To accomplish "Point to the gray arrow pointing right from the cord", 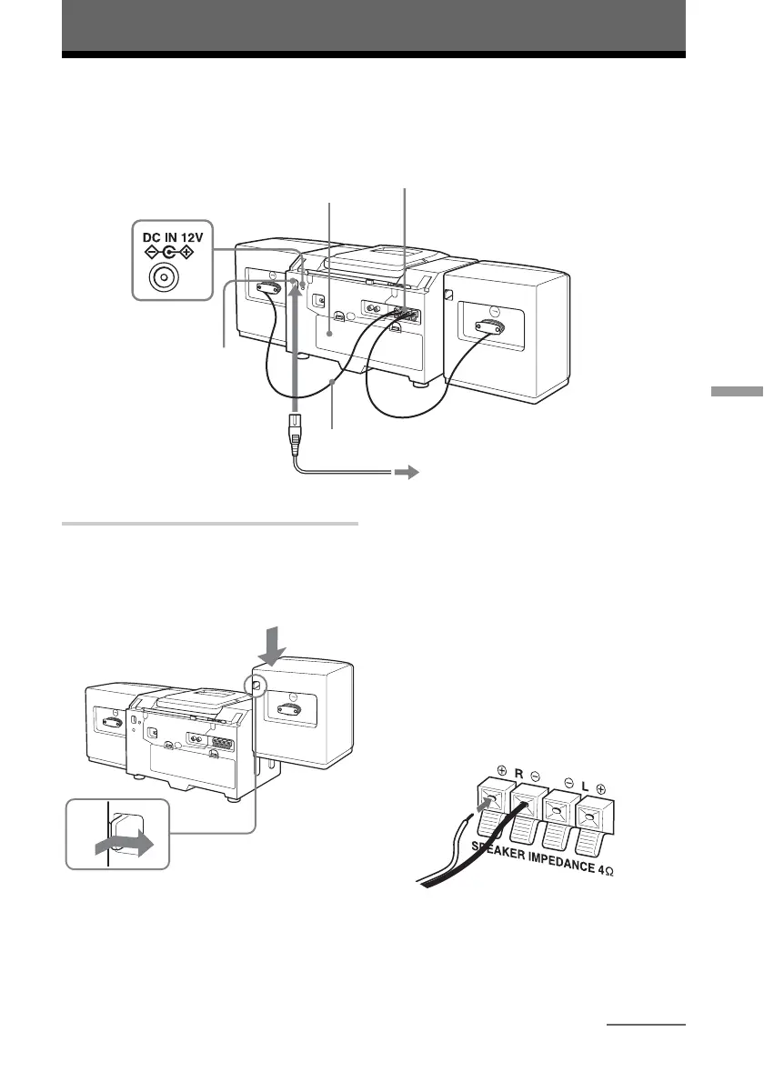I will (406, 473).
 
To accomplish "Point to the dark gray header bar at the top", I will (373, 27).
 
